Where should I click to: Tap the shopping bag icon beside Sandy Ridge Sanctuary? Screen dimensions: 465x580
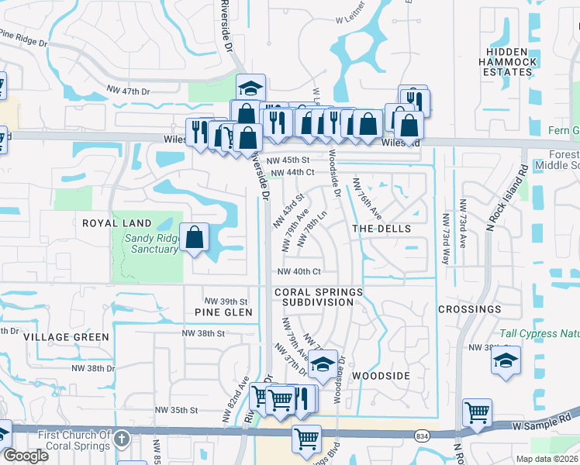(194, 237)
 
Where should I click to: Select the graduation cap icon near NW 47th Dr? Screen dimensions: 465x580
(250, 88)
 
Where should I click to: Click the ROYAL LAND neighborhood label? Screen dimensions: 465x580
(116, 223)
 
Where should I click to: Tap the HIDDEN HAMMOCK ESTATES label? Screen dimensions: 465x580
(507, 62)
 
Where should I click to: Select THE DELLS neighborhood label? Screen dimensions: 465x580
(381, 229)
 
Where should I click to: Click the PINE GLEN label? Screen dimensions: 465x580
(224, 312)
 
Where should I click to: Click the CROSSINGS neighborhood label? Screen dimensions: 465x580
(469, 309)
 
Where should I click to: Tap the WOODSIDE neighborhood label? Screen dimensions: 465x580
(381, 375)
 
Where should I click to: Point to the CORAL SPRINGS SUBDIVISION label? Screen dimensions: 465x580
(318, 296)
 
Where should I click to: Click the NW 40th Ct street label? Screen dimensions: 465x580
(299, 272)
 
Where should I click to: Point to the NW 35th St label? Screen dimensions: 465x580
(177, 409)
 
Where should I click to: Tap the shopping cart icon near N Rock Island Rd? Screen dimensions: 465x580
(477, 412)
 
